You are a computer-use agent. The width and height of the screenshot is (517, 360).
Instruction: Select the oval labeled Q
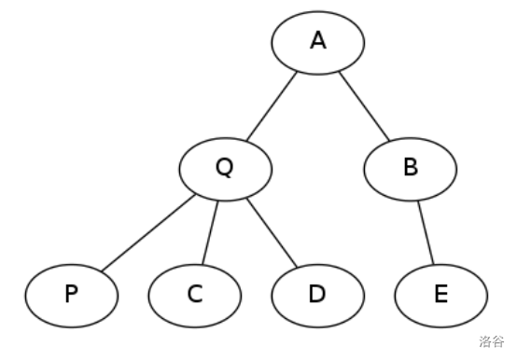click(x=225, y=169)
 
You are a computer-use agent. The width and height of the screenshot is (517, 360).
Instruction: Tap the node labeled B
click(x=411, y=169)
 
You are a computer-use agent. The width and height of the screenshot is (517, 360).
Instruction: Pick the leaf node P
click(x=71, y=295)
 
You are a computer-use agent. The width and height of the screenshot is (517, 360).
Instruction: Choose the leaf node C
click(x=194, y=295)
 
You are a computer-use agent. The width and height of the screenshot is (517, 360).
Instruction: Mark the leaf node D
click(x=317, y=295)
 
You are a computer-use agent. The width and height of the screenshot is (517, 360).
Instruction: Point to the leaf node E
click(x=440, y=295)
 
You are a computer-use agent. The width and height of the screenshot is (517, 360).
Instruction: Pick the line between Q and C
click(x=210, y=232)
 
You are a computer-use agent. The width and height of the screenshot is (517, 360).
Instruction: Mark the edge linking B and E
click(x=426, y=232)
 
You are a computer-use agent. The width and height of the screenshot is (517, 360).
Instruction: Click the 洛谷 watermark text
click(x=492, y=341)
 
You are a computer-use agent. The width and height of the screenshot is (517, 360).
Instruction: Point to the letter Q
click(x=224, y=168)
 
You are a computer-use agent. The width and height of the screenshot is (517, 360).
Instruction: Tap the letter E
click(x=440, y=295)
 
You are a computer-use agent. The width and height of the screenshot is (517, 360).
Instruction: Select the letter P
click(x=71, y=295)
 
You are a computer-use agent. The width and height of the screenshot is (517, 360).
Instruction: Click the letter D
click(x=317, y=295)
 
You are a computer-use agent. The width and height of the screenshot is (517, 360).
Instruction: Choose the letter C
click(x=194, y=295)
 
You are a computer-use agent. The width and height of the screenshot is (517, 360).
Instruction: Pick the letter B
click(x=411, y=169)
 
